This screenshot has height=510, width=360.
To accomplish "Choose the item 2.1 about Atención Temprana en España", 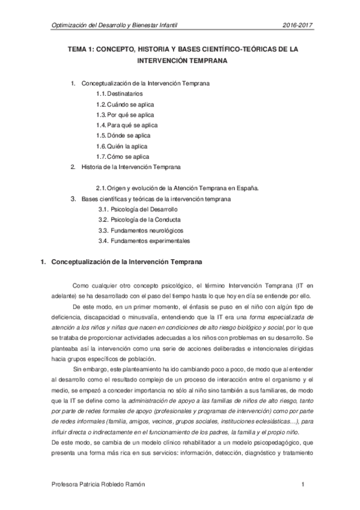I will pos(177,187).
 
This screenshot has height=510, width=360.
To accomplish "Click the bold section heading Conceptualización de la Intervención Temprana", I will pos(127,262).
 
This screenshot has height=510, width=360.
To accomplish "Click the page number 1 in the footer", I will pos(304,484).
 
